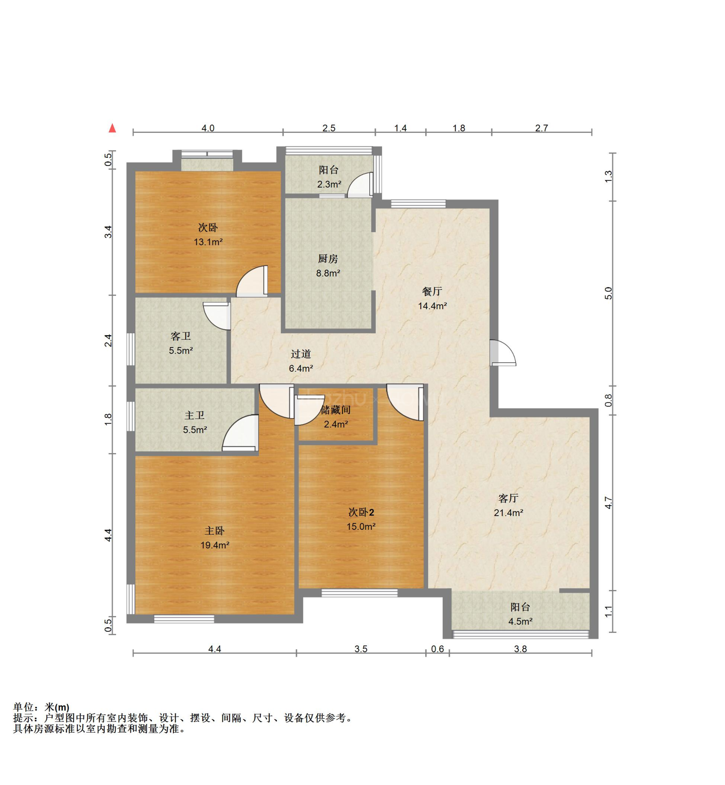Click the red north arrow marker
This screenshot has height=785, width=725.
(112, 128)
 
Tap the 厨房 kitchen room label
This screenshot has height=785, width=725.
(328, 258)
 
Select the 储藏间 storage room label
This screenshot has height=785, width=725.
(335, 410)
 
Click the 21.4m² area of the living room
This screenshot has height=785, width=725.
(508, 512)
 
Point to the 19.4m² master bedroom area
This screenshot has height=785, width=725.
(215, 545)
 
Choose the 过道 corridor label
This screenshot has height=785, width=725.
(301, 354)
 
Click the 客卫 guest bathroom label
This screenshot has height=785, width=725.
(180, 336)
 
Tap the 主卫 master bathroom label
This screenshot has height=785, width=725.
(195, 415)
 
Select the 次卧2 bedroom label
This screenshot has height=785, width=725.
(361, 512)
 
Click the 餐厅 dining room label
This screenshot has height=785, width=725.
(432, 291)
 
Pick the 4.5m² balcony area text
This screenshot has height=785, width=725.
(520, 621)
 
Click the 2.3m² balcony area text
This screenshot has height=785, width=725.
(329, 184)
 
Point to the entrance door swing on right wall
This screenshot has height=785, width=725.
(503, 352)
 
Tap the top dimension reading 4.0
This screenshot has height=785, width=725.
(208, 128)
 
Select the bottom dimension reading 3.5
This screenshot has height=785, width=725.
(361, 649)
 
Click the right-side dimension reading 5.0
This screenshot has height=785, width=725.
(608, 293)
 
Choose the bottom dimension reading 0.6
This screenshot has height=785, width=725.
(438, 649)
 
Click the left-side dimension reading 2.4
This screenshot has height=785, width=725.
(108, 340)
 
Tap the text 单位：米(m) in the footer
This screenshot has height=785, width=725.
(41, 707)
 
